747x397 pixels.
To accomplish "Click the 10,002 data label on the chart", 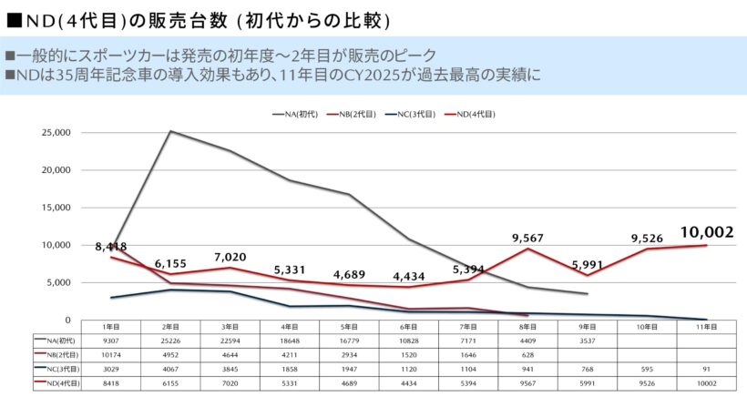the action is (x=707, y=232).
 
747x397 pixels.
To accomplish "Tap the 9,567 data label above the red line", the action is (x=527, y=238).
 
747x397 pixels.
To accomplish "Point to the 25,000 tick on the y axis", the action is (x=56, y=132).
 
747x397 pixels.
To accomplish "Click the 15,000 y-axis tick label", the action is (x=56, y=208).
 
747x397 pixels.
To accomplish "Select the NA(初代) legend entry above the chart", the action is (x=295, y=114).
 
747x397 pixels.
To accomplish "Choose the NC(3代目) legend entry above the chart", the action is (x=410, y=114).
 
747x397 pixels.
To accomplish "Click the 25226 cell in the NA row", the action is (x=170, y=341).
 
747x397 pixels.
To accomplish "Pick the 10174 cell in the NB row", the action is (x=111, y=355).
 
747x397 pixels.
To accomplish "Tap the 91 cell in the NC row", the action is (x=707, y=369).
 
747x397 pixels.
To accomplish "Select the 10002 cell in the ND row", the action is (x=707, y=383).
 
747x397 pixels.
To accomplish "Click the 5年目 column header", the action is (x=349, y=327).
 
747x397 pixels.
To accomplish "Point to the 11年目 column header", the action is (x=707, y=327).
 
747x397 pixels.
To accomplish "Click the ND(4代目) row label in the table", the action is (x=57, y=383).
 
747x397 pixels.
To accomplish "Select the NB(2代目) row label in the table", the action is (x=57, y=355).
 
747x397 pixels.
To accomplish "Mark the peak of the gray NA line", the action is (x=170, y=131).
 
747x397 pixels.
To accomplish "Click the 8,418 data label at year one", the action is (x=111, y=247).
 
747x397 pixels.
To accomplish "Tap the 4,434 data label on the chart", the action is (x=409, y=277).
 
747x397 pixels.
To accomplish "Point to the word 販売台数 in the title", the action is (x=188, y=22).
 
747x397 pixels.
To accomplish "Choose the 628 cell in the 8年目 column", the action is (x=527, y=355).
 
